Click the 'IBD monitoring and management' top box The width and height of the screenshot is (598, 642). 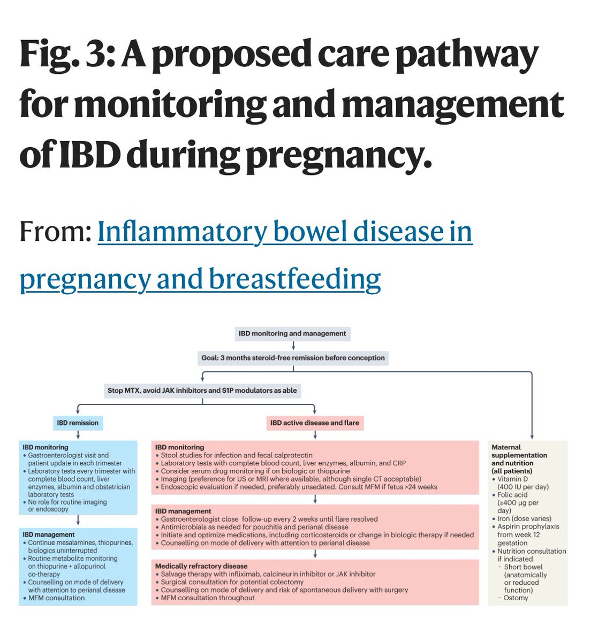point(292,333)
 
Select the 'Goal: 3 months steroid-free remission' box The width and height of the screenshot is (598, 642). point(293,358)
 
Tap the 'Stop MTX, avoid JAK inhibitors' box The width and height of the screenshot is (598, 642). point(202,390)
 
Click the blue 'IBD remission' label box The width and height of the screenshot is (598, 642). point(78,423)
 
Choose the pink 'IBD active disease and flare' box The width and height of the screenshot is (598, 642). point(315,423)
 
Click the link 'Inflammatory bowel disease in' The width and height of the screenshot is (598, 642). point(285,232)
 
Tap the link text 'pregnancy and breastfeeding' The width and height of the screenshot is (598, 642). point(200,279)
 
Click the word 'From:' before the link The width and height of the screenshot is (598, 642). point(55,232)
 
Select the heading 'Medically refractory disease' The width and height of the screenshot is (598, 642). point(201,566)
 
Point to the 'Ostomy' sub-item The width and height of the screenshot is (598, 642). point(516,598)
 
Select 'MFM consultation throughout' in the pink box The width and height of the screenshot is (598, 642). point(208,598)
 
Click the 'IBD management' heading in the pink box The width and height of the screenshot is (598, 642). point(183,511)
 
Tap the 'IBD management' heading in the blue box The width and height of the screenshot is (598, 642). point(49,534)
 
